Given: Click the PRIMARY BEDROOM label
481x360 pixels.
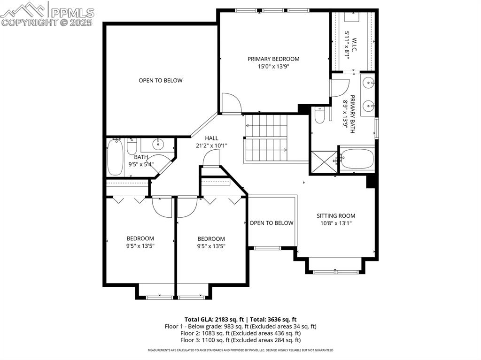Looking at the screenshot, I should click(x=273, y=59).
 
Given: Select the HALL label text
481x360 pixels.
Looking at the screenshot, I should click(x=211, y=138).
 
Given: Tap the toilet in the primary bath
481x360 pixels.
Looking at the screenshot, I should click(x=319, y=115).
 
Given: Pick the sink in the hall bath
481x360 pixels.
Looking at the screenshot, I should click(x=158, y=143).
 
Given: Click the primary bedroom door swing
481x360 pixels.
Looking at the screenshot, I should click(x=231, y=103).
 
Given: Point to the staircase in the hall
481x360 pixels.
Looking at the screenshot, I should click(x=265, y=138).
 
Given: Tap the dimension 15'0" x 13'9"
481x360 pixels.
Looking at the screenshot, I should click(x=273, y=67).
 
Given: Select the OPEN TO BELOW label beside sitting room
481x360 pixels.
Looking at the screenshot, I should click(x=272, y=223).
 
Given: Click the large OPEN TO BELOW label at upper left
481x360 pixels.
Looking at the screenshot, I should click(x=160, y=80).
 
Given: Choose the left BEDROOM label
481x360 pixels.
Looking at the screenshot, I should click(x=140, y=238).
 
